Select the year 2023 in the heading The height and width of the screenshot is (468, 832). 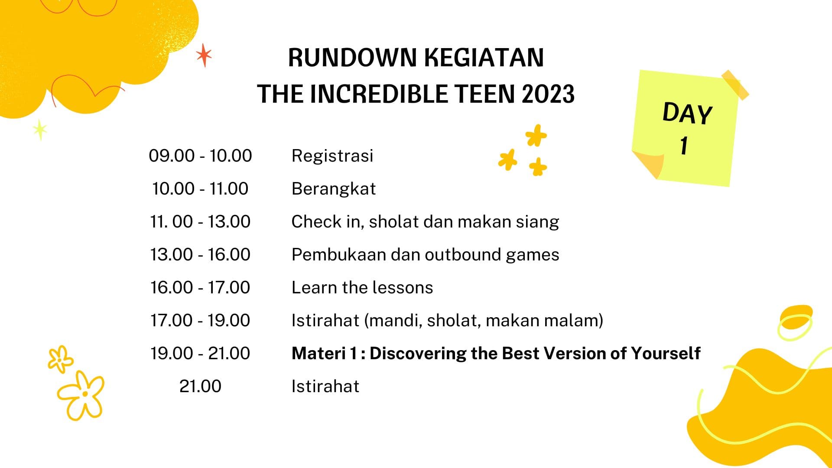point(548,94)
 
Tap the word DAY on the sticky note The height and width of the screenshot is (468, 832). point(687,114)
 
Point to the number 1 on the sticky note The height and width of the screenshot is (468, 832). point(684,146)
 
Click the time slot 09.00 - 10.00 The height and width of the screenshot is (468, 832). point(200,156)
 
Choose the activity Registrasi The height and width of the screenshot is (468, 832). point(332,156)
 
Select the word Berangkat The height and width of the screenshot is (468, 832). point(334,189)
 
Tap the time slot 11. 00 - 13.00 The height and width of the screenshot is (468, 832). point(200,221)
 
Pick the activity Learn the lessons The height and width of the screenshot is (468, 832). point(362,287)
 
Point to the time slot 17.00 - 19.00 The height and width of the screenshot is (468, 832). point(200,320)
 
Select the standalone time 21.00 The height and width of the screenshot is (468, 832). point(200,386)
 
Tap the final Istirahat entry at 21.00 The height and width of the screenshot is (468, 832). point(325,386)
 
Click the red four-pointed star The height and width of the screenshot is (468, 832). point(204,55)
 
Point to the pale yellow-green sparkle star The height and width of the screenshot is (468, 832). point(40,130)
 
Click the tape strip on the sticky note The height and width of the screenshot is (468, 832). point(735,85)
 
